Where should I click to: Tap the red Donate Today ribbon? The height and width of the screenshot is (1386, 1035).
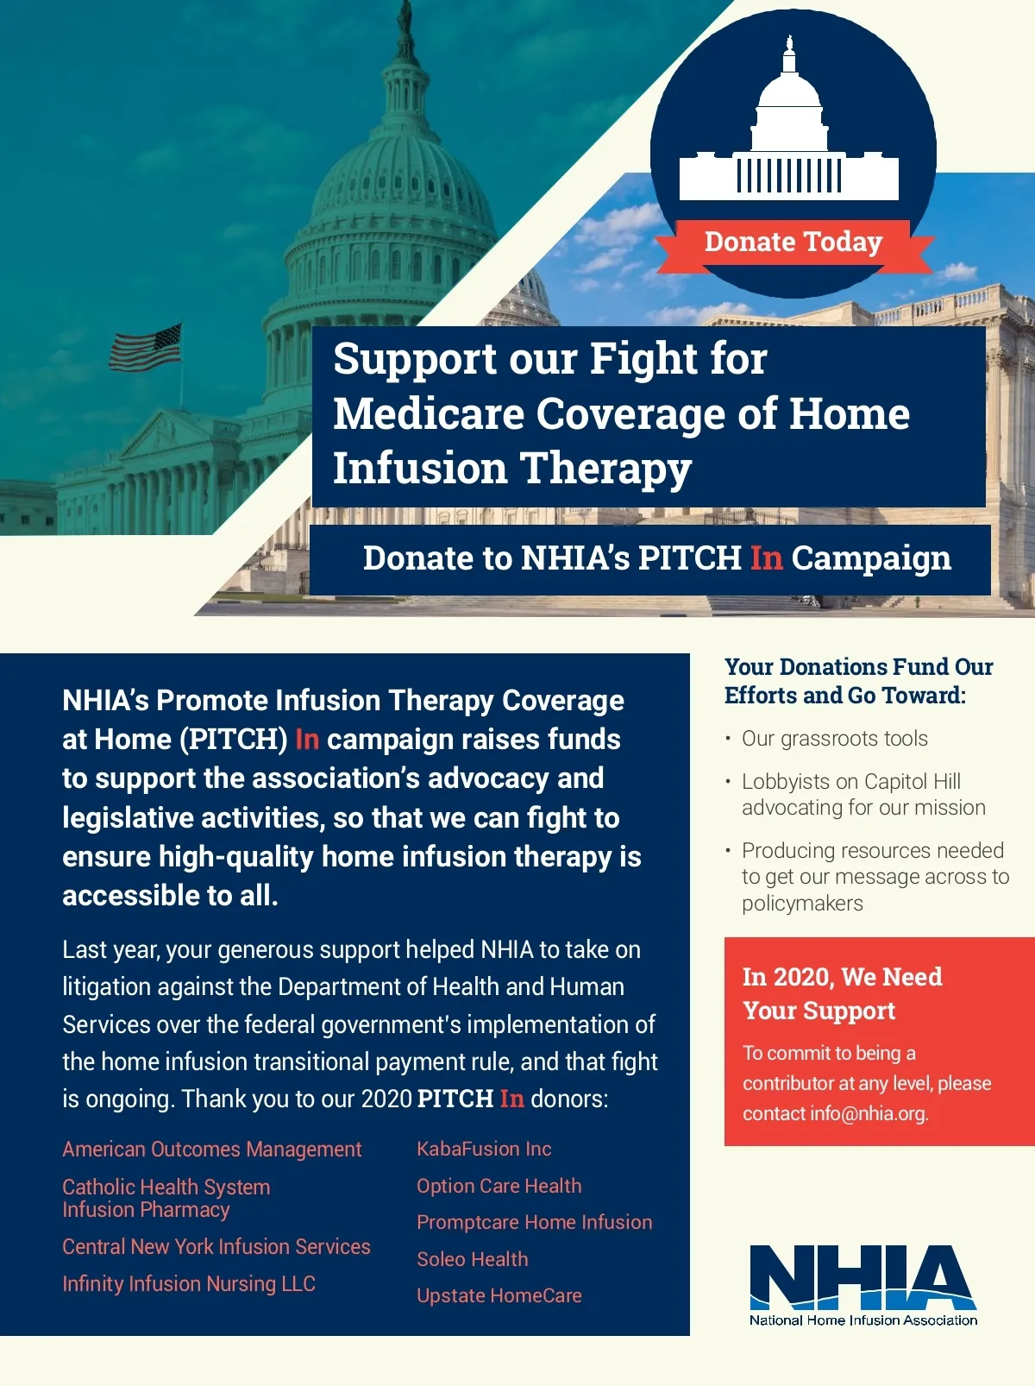pos(793,243)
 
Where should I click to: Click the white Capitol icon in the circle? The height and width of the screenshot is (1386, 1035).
pos(789,138)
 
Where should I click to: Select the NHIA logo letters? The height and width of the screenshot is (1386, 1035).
pos(862,1277)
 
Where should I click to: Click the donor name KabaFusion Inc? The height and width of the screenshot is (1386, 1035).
pos(484,1149)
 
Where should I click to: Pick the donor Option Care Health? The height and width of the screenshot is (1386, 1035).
pos(499,1186)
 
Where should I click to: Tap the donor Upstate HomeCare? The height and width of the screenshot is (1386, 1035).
pos(499,1295)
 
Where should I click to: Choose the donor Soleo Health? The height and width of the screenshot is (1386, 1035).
pos(472,1259)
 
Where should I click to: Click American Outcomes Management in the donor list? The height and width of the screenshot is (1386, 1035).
pos(211,1150)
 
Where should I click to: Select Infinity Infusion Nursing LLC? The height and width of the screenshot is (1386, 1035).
pos(188,1284)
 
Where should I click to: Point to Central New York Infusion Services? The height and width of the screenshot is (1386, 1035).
pos(216,1247)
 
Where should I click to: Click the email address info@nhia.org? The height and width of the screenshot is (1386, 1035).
pos(869,1113)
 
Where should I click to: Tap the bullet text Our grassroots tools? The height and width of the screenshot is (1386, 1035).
pos(834,739)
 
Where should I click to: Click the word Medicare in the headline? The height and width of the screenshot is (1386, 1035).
pos(428,413)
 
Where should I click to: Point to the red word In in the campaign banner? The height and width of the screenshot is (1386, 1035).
pos(766,558)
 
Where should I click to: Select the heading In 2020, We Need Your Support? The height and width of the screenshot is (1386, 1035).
pos(841,993)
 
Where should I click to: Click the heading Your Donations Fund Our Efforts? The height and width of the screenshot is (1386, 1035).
pos(857,681)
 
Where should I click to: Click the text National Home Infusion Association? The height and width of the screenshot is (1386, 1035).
pos(862,1320)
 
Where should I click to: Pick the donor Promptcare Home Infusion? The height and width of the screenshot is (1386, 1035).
pos(534,1222)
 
